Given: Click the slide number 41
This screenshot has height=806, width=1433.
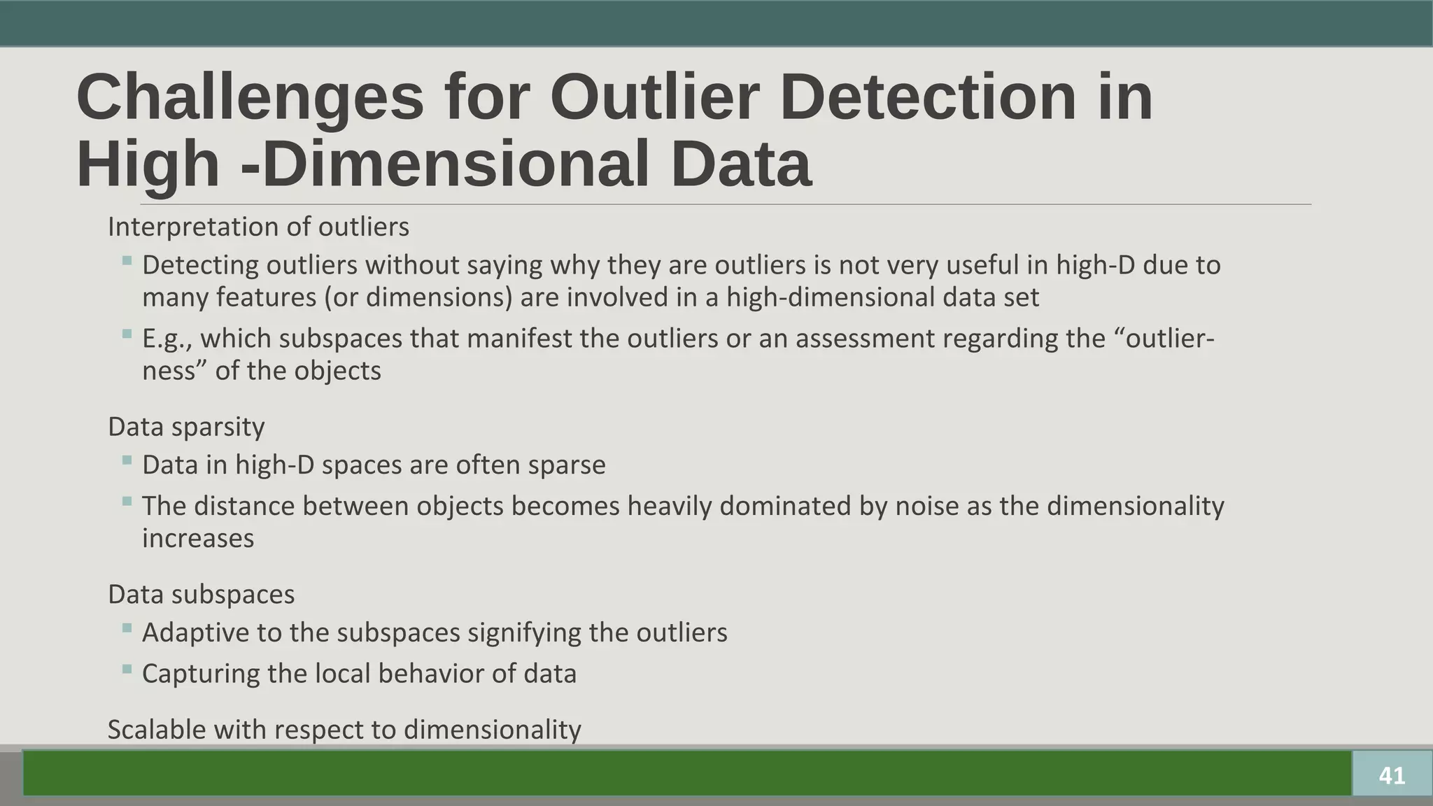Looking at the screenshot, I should [1392, 775].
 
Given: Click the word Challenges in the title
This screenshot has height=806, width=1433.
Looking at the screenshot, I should [250, 99].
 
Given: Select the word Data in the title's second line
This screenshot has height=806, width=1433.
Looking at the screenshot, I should [741, 164].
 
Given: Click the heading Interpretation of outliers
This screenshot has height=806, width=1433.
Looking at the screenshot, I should [258, 227].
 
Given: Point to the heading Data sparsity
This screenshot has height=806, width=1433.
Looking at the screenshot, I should [186, 427].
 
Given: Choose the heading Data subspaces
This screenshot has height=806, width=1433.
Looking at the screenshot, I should [201, 594].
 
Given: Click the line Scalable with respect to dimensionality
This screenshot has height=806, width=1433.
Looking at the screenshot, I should [344, 730].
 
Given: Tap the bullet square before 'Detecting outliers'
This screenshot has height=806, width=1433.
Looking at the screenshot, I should [127, 261].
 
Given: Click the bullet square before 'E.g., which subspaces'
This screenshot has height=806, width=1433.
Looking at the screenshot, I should [127, 334].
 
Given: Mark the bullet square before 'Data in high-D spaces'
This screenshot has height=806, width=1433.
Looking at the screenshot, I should [127, 460].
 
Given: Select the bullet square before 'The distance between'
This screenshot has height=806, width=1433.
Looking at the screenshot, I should [127, 502].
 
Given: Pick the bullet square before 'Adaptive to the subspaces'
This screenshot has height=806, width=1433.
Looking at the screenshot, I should [127, 628].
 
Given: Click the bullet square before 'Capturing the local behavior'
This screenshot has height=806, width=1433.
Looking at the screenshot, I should [127, 670].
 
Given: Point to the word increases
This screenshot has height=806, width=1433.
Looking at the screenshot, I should [198, 538].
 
